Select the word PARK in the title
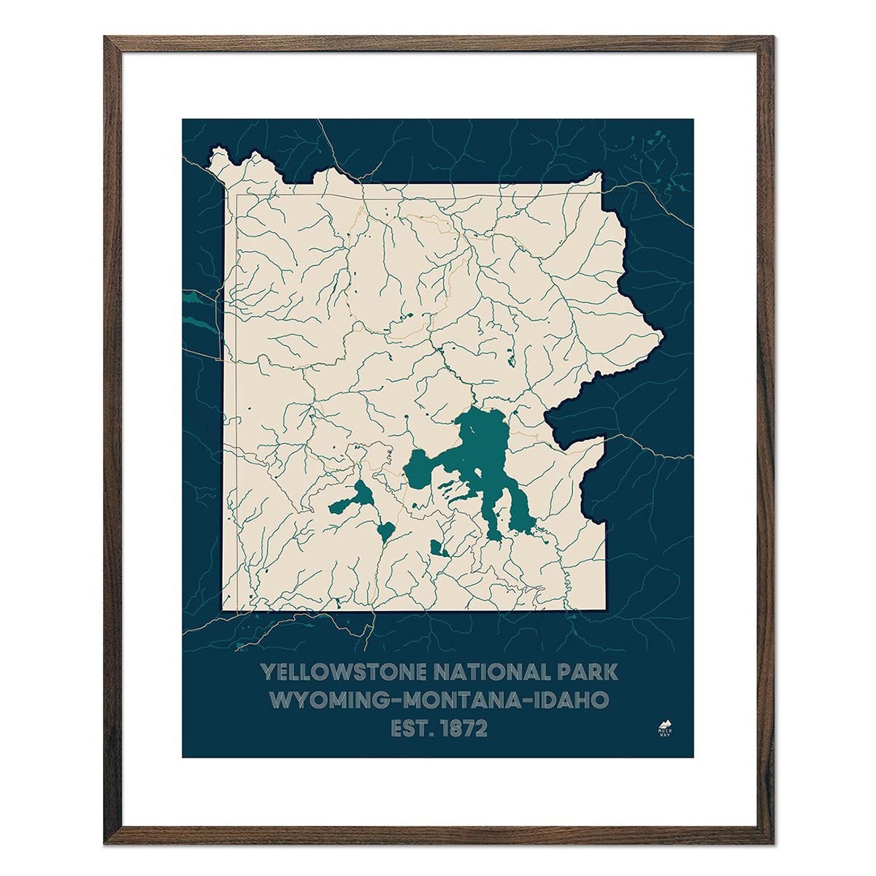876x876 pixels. click(x=588, y=672)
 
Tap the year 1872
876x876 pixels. click(x=463, y=729)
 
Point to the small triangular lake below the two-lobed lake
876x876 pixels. click(x=385, y=531)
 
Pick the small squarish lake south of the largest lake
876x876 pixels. click(x=437, y=548)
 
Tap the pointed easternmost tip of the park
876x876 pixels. click(x=661, y=337)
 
